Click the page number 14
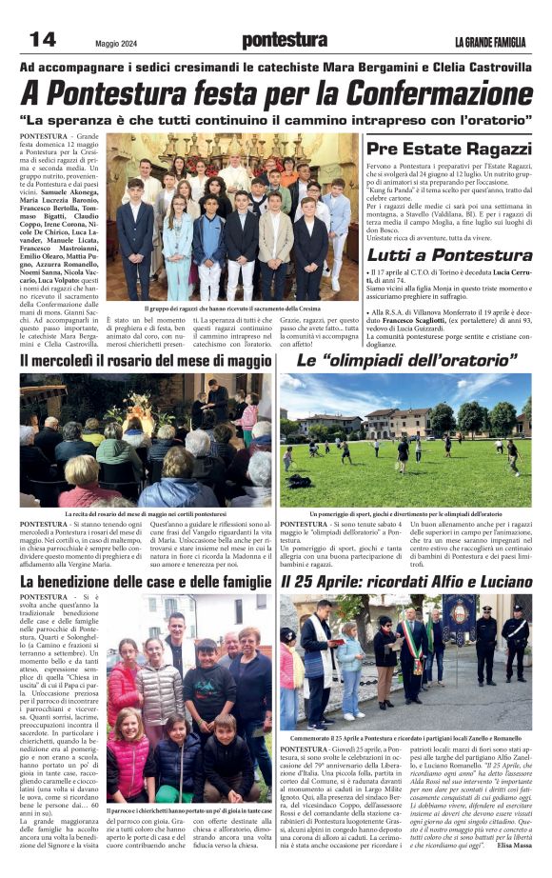tap(43, 39)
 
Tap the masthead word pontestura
tap(285, 40)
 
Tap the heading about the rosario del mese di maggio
tap(146, 362)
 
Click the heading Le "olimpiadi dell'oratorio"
tap(406, 362)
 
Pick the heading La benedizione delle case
tap(146, 581)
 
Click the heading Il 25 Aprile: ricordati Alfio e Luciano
tap(406, 581)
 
